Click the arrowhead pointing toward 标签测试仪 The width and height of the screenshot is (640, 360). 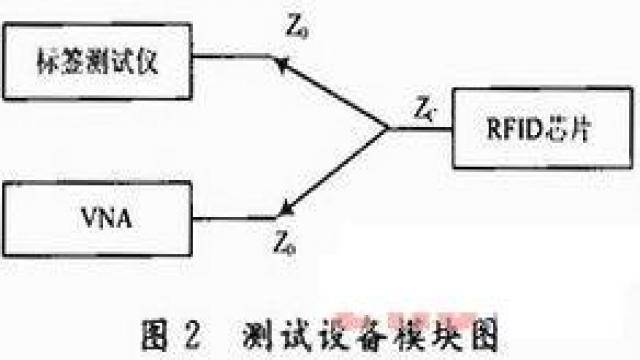[283, 63]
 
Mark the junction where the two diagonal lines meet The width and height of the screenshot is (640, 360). [388, 129]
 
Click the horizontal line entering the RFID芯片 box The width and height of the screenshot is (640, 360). [421, 129]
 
